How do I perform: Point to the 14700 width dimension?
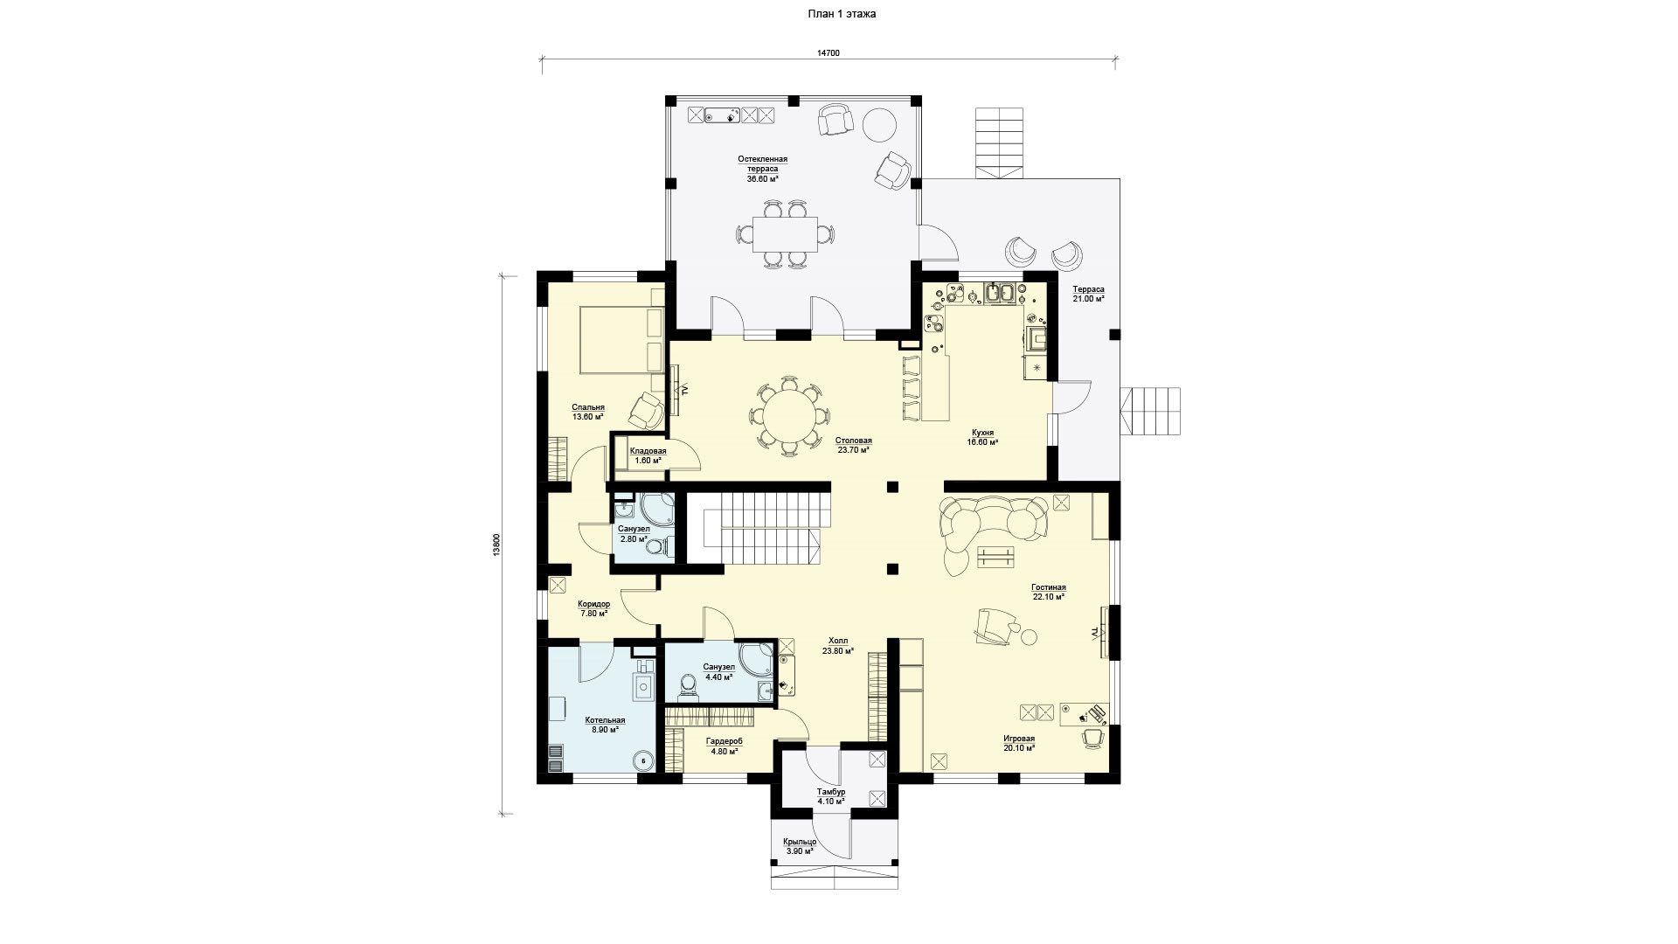[829, 53]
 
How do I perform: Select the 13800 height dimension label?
[496, 544]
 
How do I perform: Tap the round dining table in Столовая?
[788, 416]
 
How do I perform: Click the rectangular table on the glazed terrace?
[785, 233]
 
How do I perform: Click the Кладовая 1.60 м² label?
[648, 455]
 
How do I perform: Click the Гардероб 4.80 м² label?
[725, 745]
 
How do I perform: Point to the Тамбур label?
[831, 791]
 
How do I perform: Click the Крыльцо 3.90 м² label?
[800, 846]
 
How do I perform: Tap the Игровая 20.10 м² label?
[1019, 743]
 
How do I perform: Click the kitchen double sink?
[1000, 293]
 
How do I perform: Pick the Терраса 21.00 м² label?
[1089, 294]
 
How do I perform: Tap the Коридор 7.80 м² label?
[594, 608]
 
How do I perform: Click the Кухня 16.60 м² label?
[982, 437]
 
